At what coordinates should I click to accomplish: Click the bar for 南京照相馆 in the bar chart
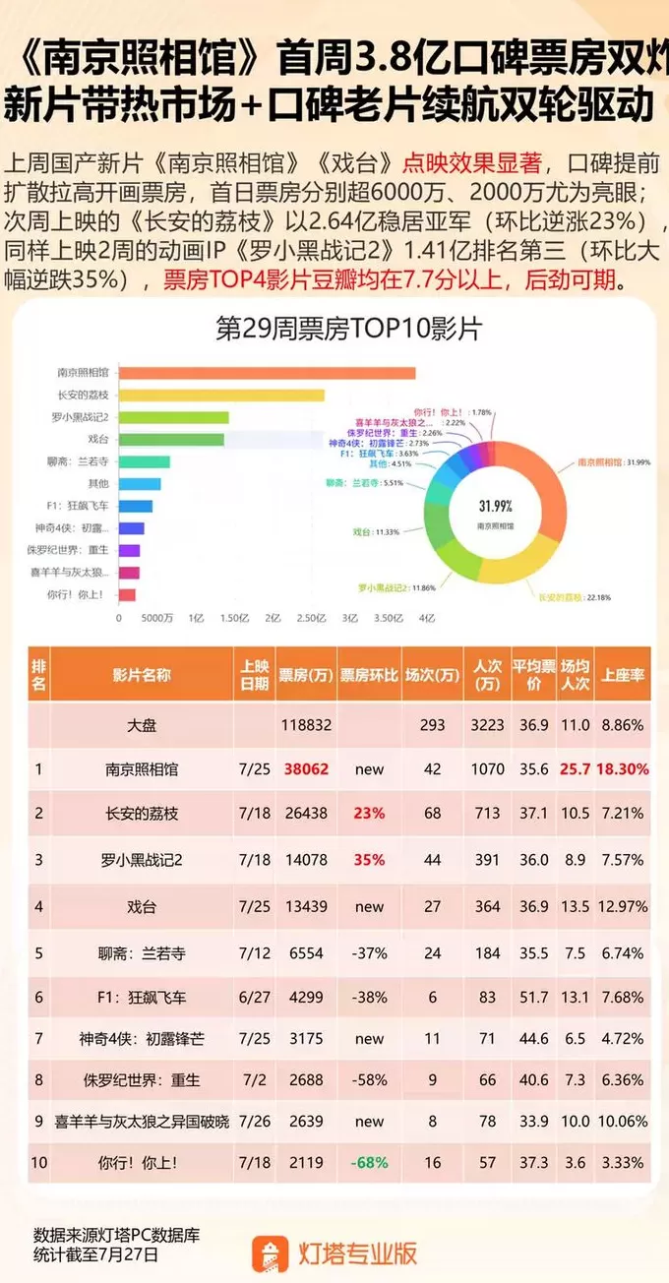tap(266, 373)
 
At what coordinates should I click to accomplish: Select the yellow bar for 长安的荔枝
tap(221, 396)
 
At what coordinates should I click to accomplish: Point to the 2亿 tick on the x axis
tap(273, 618)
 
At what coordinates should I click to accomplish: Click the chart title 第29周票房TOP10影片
tap(348, 329)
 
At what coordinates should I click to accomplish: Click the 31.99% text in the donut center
tap(495, 506)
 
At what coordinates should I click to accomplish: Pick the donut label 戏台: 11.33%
tap(375, 531)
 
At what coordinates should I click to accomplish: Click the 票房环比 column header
tap(369, 675)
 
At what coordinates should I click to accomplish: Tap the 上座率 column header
tap(622, 675)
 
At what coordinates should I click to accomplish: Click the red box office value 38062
tap(303, 769)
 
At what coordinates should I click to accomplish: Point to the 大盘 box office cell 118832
tap(303, 724)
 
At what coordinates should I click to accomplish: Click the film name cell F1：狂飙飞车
tap(142, 997)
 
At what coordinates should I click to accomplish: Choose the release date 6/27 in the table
tap(254, 997)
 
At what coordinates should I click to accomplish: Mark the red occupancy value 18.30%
tap(622, 769)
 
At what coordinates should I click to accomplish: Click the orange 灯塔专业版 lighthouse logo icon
tap(270, 1252)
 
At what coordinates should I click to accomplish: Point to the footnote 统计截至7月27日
tap(95, 1254)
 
